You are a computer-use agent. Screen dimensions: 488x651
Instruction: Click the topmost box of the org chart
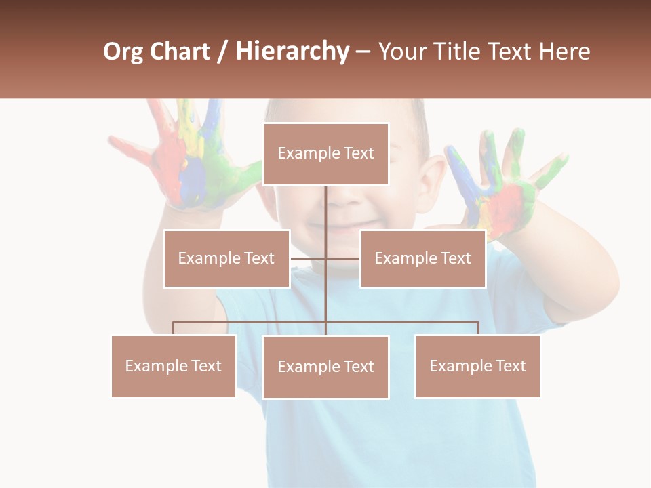point(325,154)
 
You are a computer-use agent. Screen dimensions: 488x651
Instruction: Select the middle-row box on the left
point(226,258)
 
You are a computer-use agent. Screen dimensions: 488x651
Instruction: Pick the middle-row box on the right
point(422,258)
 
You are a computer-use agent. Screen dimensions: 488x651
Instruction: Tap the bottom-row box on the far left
point(174,366)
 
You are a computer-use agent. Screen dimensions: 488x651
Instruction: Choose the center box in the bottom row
point(325,367)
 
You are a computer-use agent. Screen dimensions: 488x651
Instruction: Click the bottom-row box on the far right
point(477,366)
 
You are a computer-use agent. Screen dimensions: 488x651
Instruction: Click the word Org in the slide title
point(123,52)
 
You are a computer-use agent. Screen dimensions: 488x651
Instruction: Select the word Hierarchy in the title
point(292,52)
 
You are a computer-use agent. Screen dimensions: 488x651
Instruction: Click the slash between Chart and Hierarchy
point(222,52)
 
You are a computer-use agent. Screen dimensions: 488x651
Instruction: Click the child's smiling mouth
point(342,225)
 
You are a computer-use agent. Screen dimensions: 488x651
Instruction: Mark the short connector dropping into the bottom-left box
point(174,328)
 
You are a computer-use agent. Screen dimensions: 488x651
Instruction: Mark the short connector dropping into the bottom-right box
point(477,328)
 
